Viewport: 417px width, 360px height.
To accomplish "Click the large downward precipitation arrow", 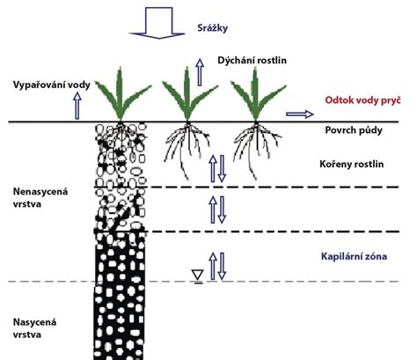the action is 157,24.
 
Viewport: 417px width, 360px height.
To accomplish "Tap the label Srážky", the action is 212,28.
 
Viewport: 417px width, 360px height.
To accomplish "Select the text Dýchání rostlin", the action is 252,60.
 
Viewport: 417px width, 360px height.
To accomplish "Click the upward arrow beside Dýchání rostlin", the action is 200,72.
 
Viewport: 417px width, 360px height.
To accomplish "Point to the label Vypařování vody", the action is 52,84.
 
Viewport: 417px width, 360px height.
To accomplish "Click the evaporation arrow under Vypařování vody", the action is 77,106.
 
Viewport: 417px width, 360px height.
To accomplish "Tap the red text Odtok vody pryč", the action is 362,100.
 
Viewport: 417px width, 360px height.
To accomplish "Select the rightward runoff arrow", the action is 300,114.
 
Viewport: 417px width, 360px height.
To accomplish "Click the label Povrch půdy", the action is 354,130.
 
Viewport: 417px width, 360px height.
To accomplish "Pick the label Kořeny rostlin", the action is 351,164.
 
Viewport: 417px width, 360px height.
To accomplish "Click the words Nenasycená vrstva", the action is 40,197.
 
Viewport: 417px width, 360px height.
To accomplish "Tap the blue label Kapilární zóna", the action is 354,256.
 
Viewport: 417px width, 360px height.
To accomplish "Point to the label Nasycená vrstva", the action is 34,328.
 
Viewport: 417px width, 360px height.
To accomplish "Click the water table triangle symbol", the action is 198,276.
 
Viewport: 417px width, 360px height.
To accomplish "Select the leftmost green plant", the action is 121,94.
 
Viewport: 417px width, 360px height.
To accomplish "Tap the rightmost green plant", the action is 257,94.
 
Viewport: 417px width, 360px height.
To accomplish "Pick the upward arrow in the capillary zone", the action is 213,266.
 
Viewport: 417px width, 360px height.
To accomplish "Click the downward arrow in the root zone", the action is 222,169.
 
